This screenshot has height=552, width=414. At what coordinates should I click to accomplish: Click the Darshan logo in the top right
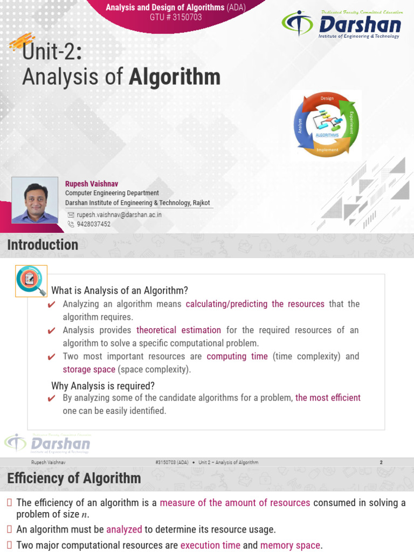tap(342, 25)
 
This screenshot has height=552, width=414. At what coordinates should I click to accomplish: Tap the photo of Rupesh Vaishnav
tap(35, 200)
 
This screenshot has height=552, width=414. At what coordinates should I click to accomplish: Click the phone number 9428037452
tap(93, 224)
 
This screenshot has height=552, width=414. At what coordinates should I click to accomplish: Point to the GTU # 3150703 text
tap(176, 17)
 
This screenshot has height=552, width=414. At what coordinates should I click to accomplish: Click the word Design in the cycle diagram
tap(327, 98)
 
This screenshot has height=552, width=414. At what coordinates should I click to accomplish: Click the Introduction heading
tap(43, 245)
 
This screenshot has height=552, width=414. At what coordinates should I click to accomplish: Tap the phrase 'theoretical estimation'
tap(178, 330)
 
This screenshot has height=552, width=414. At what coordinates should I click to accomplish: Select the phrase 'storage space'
tap(89, 369)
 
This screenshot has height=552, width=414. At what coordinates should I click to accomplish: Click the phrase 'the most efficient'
tap(328, 398)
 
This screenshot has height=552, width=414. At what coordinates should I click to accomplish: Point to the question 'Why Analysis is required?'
tap(103, 385)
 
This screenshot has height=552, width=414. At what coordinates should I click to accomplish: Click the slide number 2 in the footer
tap(381, 463)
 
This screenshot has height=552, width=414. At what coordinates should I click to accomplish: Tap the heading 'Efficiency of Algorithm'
tap(74, 478)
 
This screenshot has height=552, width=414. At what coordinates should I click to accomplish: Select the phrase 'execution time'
tap(210, 545)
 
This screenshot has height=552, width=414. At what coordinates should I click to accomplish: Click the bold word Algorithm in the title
tap(175, 77)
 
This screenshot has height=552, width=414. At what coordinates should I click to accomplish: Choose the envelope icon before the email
tap(71, 215)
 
